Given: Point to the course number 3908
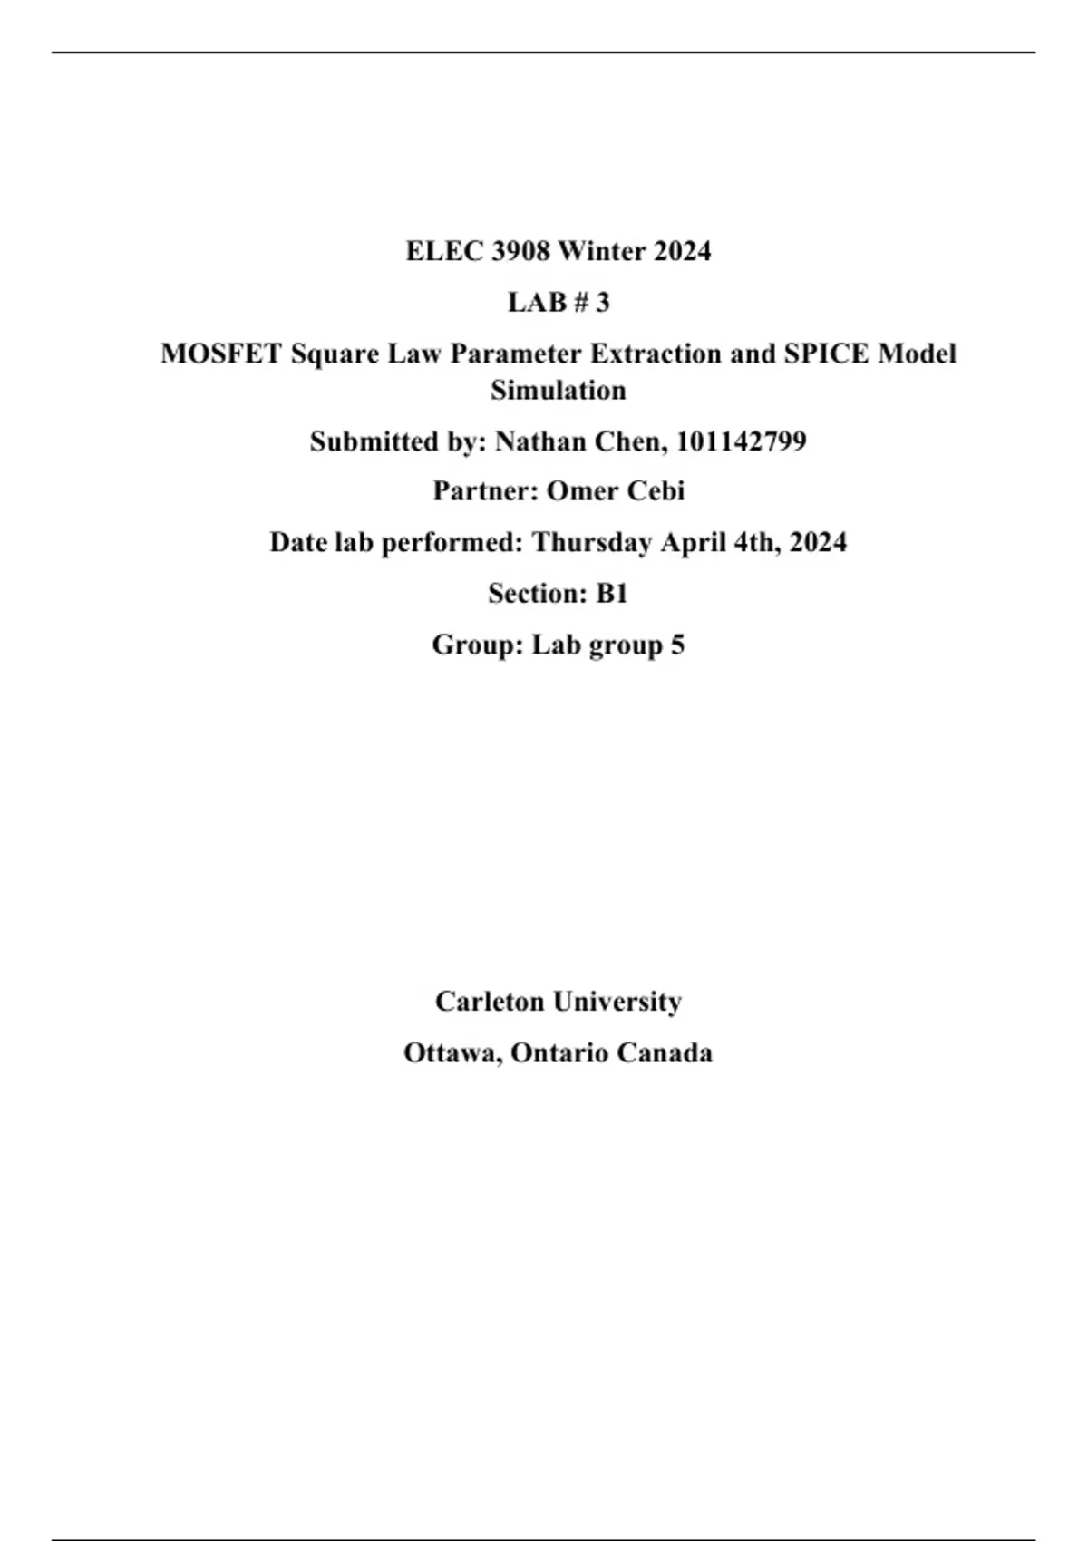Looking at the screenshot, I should coord(520,251).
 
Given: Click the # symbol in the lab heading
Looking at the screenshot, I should coord(579,302).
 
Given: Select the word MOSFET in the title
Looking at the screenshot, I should coord(221,354).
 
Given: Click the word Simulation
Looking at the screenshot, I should coord(559,391).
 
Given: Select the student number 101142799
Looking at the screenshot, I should coord(741,441).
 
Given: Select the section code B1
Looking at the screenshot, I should coord(612,594).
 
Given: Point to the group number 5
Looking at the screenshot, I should coord(677,645).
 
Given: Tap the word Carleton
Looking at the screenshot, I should coord(491,1002).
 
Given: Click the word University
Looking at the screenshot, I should coord(617,1002).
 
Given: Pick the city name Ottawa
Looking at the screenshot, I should coord(452,1053).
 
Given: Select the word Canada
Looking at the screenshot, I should coord(664,1053).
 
